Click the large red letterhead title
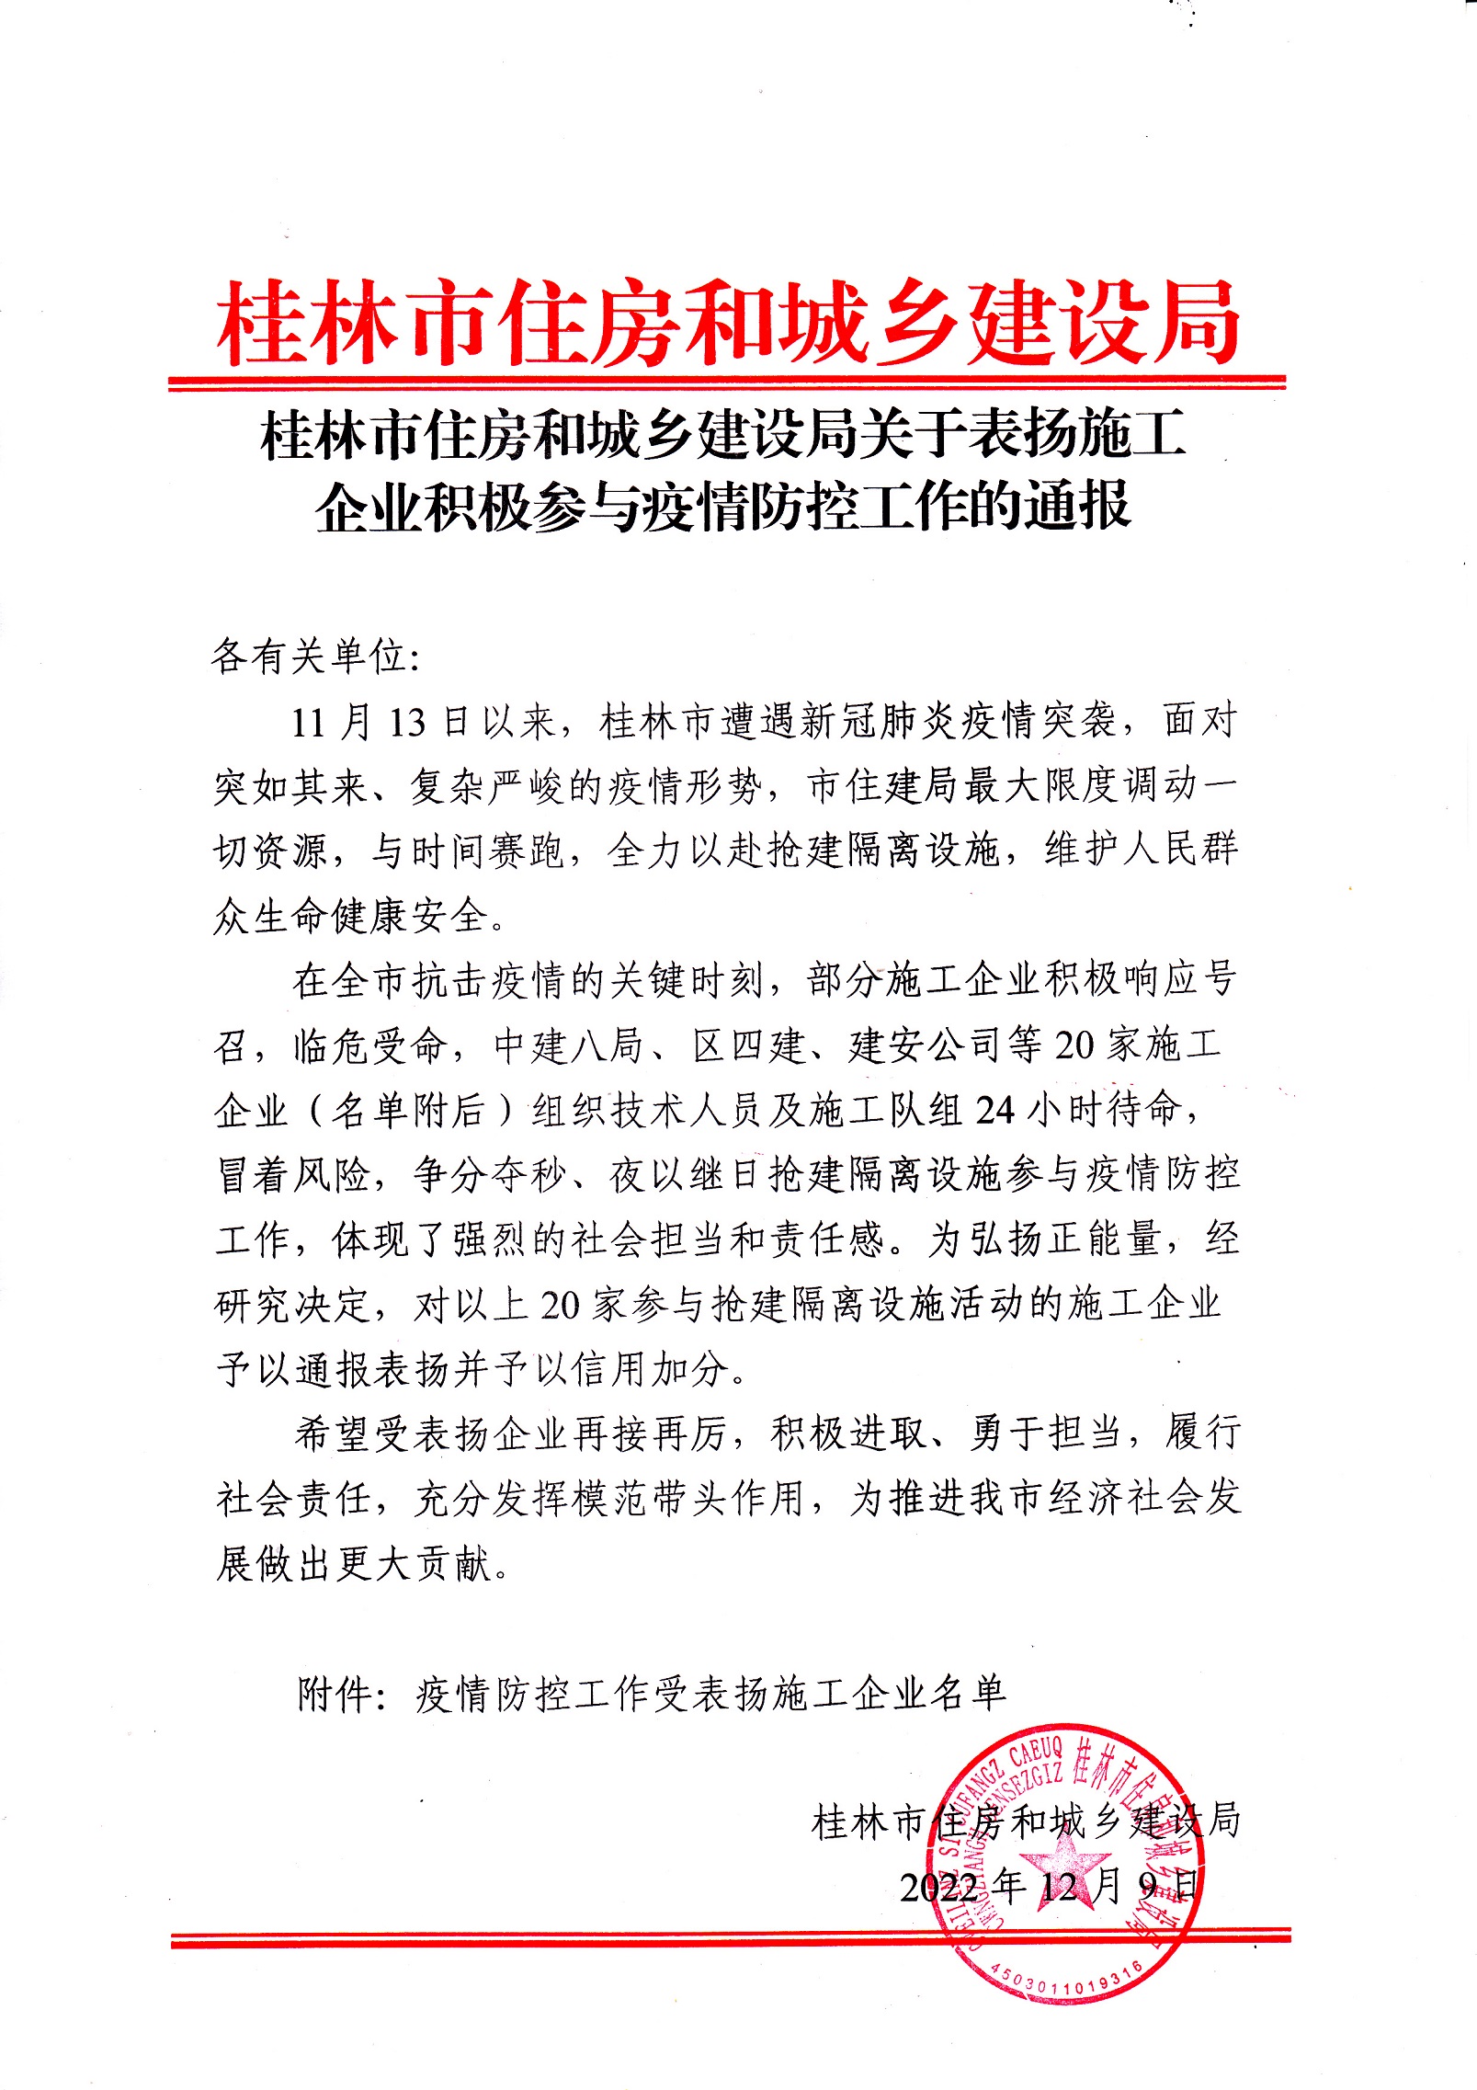[728, 324]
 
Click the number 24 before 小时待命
[994, 1111]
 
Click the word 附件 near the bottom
[335, 1693]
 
